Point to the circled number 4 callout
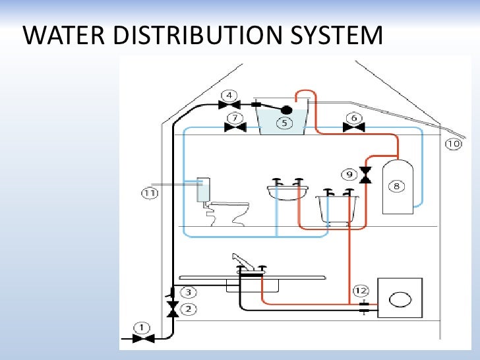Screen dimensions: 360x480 (x=229, y=95)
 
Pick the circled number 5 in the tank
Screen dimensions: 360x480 (x=284, y=123)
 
